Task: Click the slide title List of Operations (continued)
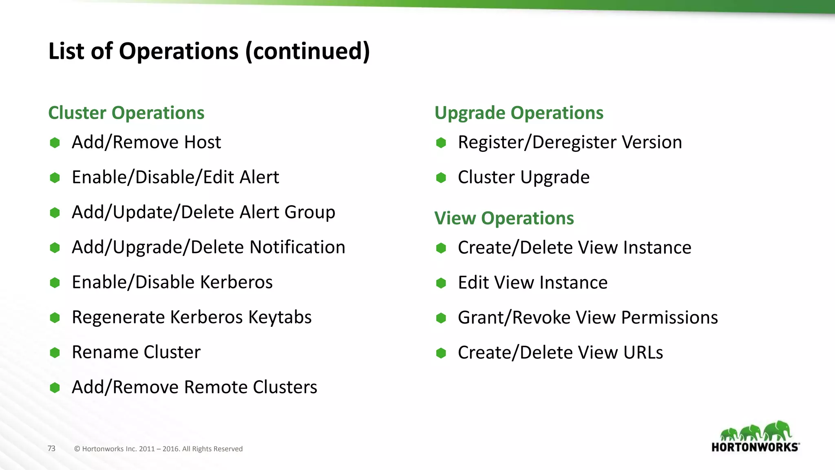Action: coord(209,51)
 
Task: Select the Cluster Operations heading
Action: coord(126,113)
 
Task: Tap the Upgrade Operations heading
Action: coord(519,113)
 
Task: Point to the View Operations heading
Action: coord(504,218)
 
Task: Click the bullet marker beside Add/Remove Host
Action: coord(55,143)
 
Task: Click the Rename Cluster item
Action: coord(136,352)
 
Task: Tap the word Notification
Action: coord(297,247)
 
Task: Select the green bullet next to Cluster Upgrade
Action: coord(441,178)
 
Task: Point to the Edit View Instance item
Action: coord(532,283)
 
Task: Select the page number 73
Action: coord(51,448)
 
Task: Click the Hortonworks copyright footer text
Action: coord(158,449)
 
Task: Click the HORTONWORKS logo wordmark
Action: coord(755,447)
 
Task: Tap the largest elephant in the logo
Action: coord(778,431)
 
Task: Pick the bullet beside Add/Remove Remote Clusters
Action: coord(55,388)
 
